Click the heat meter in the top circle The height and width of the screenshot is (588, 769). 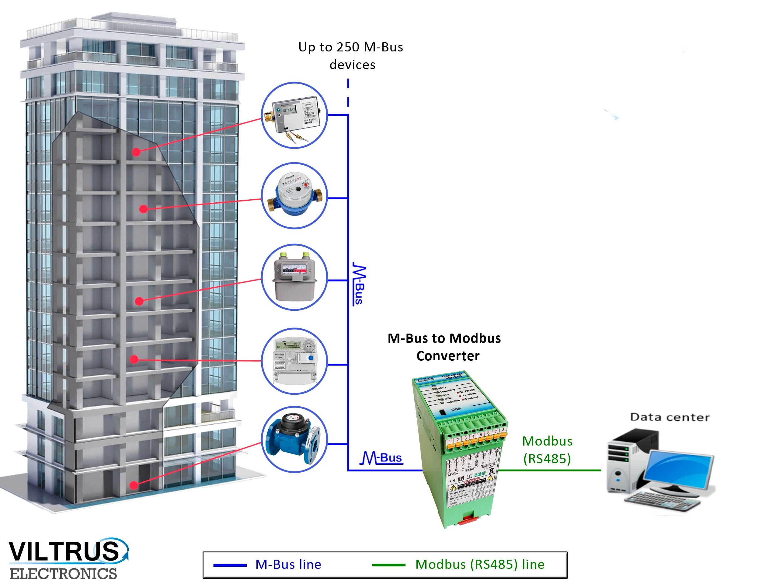click(x=296, y=116)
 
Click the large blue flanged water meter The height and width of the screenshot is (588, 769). click(x=293, y=439)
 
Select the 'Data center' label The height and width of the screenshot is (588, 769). click(x=670, y=417)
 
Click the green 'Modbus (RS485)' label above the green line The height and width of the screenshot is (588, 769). click(x=547, y=450)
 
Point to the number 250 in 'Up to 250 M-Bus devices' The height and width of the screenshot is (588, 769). click(x=348, y=47)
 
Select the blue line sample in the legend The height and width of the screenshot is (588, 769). click(x=230, y=565)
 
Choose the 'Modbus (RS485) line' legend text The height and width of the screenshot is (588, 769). click(x=480, y=564)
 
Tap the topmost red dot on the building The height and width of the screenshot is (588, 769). click(x=136, y=152)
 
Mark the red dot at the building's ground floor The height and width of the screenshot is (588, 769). click(x=134, y=485)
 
